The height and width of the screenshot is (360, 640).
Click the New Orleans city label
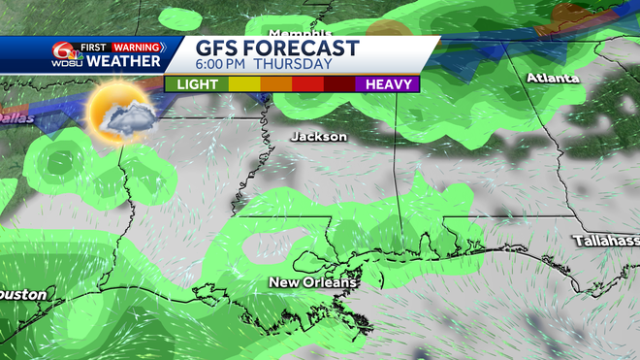coord(312,282)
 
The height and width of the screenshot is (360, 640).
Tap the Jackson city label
coord(318,137)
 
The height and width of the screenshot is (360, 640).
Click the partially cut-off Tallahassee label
coord(606,240)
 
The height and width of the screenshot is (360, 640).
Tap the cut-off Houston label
coord(23,293)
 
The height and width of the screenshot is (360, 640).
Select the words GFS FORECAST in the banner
coord(277,48)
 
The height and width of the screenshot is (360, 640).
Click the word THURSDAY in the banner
coord(296,64)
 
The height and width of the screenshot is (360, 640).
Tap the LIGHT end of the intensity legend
coord(197,84)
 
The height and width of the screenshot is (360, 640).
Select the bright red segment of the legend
coord(307,84)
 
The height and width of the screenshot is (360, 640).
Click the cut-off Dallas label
coord(16,117)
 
